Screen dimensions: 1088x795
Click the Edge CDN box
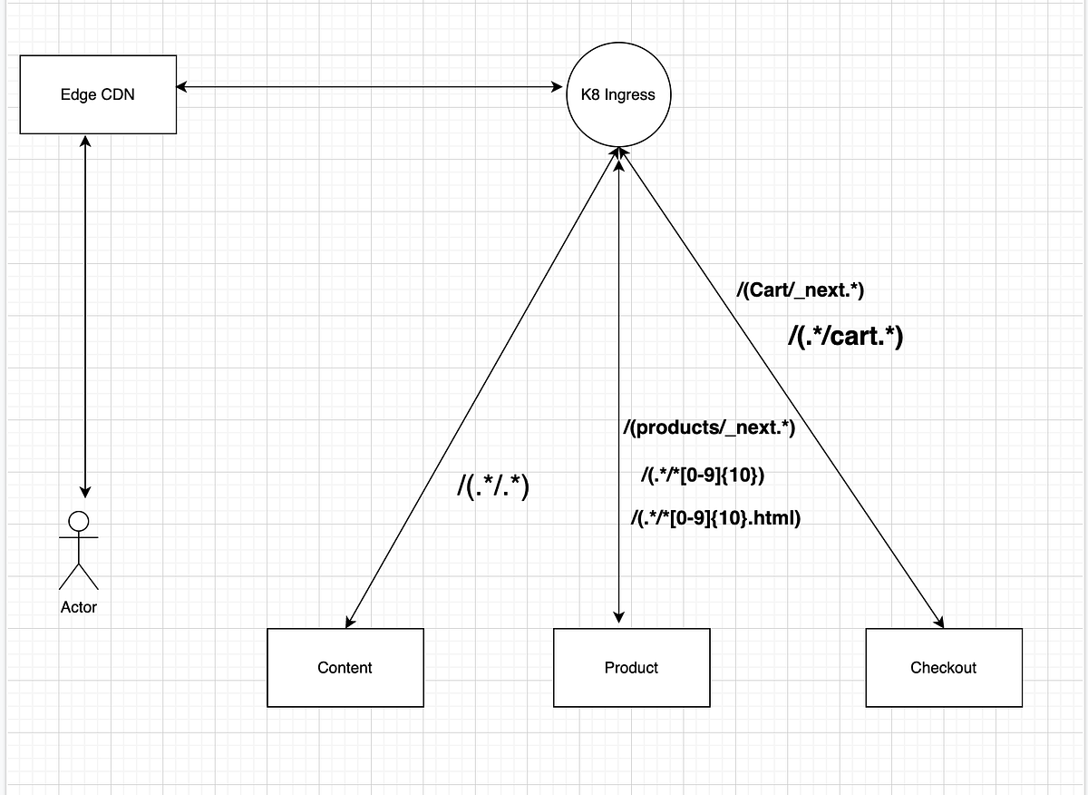[98, 94]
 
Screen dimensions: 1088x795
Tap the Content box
[345, 668]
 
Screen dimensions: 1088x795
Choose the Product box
[631, 668]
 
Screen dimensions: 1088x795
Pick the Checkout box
[944, 668]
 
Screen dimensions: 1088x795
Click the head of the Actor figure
[79, 521]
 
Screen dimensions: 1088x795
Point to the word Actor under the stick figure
[79, 607]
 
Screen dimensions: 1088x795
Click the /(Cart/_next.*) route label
[800, 290]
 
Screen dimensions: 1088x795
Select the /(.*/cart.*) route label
[845, 337]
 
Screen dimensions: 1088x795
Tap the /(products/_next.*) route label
[709, 427]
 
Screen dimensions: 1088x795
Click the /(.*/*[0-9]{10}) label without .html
[703, 475]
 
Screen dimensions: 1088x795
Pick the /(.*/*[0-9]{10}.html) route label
[715, 518]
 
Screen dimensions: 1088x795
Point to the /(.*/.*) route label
[493, 486]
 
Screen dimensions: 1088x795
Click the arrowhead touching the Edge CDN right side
[181, 87]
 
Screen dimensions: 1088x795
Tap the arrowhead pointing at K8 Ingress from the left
[557, 87]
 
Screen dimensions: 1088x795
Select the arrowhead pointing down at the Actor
[85, 492]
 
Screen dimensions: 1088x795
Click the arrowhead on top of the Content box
[350, 622]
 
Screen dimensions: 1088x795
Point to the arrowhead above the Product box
[618, 617]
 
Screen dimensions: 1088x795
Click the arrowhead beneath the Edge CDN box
[85, 141]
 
